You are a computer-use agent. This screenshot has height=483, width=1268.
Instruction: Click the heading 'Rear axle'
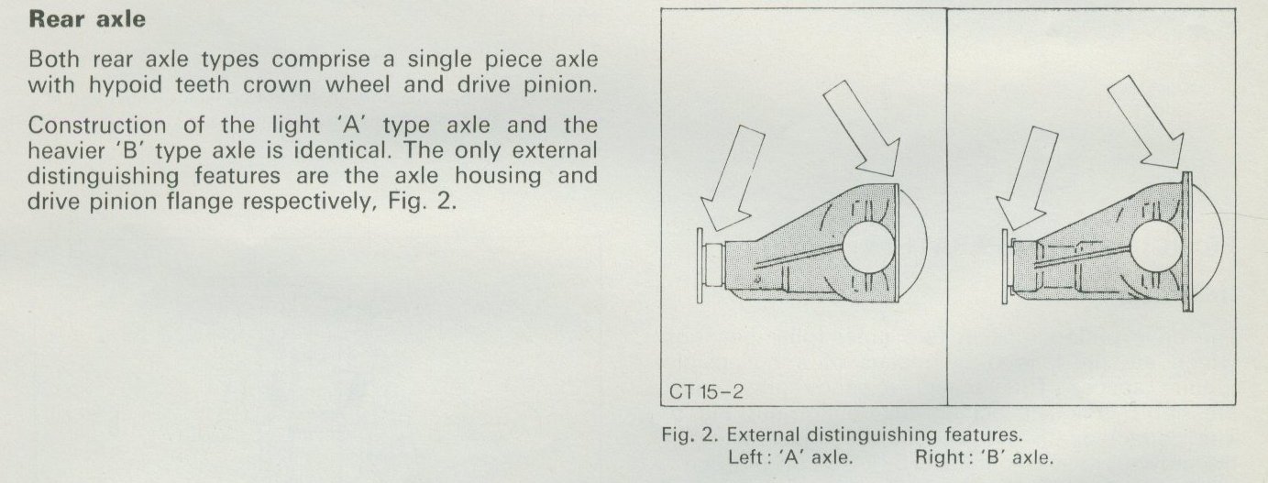87,19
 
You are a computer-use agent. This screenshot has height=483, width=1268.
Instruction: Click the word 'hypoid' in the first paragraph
125,85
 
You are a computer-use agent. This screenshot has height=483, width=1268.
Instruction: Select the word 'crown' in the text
278,85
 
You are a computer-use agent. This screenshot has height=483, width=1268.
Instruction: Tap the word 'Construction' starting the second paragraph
97,125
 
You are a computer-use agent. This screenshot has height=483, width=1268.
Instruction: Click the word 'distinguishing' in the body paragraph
103,177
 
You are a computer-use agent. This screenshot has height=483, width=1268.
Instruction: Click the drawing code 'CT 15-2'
706,391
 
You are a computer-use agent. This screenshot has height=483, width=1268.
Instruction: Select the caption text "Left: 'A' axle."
790,457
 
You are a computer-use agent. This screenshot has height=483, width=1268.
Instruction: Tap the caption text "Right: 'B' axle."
985,457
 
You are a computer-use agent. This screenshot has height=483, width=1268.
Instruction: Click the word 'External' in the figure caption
764,434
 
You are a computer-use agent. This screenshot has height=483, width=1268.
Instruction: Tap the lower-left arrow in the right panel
1026,178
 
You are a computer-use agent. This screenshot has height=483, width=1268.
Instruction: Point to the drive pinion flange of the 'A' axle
700,266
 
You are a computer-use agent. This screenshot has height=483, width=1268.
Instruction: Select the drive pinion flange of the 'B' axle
1005,267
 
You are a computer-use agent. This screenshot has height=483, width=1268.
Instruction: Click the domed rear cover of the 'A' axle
924,243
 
